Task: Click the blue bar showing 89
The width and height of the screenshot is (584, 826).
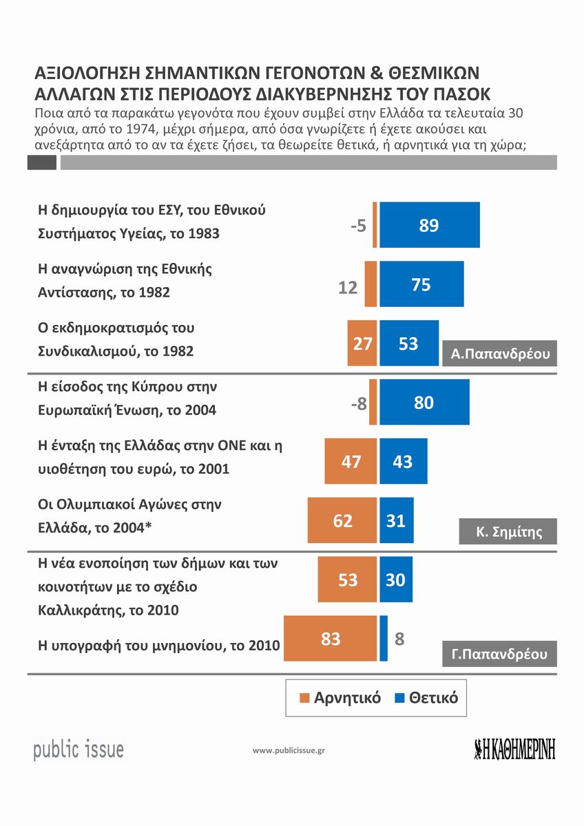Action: point(429,225)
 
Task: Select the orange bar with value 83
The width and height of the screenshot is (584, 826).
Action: point(331,639)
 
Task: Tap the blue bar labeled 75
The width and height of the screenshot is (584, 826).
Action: point(421,284)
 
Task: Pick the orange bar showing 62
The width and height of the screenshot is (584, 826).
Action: point(342,520)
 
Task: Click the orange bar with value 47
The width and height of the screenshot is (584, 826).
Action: point(351,461)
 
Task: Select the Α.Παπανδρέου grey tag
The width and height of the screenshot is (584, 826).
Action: point(499,354)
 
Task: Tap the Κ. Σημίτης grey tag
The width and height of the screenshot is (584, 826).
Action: point(508,531)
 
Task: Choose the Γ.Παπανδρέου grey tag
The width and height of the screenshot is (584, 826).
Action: point(499,654)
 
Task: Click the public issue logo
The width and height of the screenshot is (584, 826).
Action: point(79,748)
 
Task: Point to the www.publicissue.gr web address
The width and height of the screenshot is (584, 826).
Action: point(289,750)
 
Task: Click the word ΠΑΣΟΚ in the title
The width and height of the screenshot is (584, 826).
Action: point(452,93)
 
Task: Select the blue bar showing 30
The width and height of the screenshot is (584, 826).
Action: point(395,580)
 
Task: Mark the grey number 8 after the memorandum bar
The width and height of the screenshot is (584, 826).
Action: point(399,639)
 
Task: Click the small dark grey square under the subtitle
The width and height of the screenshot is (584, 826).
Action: point(41,162)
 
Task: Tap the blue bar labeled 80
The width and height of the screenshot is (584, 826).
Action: point(424,403)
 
